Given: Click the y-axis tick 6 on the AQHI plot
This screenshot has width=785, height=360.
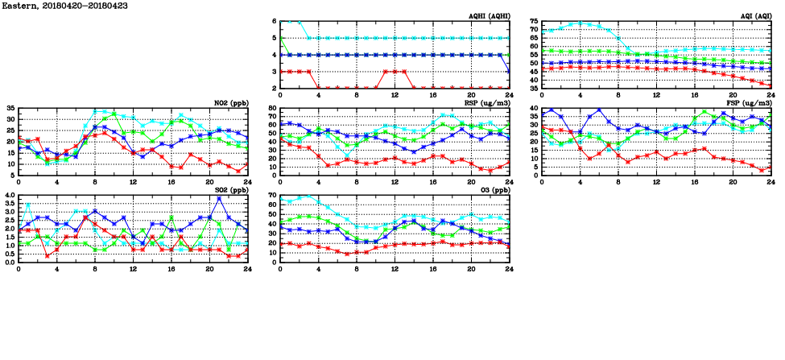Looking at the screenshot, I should coord(273,22).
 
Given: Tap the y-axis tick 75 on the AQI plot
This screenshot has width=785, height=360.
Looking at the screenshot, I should coord(532,22).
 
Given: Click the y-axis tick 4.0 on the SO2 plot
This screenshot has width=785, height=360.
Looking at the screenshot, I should coord(8,196).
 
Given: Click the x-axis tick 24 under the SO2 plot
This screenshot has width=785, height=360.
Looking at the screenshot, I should coord(246,268).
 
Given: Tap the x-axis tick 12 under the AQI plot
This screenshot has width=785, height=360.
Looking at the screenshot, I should coord(656,94).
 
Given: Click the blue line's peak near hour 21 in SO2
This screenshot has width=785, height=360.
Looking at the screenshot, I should coord(218,198).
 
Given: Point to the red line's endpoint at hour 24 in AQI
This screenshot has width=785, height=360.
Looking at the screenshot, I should coord(771,85).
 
